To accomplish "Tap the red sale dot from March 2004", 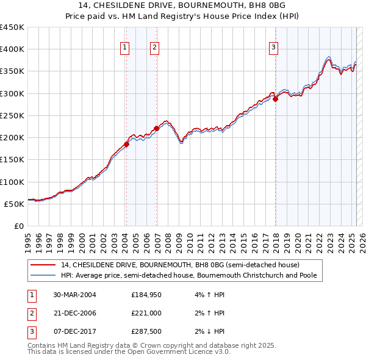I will pyautogui.click(x=127, y=144).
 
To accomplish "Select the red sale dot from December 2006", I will pyautogui.click(x=157, y=128).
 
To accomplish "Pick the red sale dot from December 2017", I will pyautogui.click(x=276, y=99).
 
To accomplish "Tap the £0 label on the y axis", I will pyautogui.click(x=18, y=226).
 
